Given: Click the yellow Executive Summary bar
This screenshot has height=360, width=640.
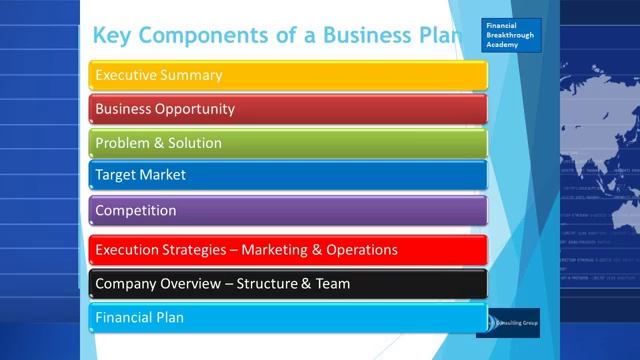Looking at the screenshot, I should click(288, 75).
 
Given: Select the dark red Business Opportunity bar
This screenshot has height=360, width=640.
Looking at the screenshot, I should click(288, 109).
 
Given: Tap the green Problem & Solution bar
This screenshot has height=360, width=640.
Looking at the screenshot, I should click(288, 143).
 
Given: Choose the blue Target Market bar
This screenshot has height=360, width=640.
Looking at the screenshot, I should click(288, 175).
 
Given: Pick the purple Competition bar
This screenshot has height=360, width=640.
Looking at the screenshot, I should click(288, 211).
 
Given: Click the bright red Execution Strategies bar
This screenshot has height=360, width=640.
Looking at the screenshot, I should click(288, 250).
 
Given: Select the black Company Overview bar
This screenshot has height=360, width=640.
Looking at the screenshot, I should click(288, 284).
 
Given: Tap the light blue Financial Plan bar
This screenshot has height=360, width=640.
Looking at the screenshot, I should click(288, 318).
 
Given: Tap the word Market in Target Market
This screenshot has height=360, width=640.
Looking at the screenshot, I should click(164, 175).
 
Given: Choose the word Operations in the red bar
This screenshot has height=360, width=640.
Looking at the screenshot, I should click(362, 250).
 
